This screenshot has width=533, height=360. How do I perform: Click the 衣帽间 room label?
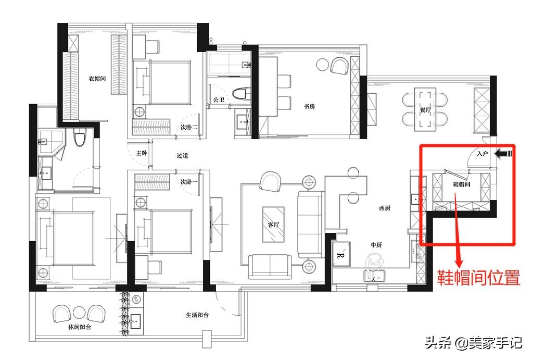tap(97, 79)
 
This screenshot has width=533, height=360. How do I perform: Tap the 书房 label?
tap(309, 106)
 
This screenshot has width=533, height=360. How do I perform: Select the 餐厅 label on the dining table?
tap(425, 110)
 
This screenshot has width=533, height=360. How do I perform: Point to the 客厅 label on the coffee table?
tap(273, 225)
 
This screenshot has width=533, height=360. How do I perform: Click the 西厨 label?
tap(385, 208)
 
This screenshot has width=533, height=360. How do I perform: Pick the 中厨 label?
tap(376, 245)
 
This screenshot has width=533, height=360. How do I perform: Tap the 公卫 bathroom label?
tap(219, 100)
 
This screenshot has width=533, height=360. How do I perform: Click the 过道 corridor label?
tap(182, 155)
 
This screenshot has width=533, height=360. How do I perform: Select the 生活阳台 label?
tap(197, 315)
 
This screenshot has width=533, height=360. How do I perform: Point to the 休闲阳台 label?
tap(80, 327)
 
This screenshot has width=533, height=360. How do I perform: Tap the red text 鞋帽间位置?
tap(478, 277)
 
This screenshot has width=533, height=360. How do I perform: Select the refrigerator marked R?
tap(341, 254)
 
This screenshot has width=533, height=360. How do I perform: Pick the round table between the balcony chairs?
tap(79, 313)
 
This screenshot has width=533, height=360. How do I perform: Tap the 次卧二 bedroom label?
tap(188, 127)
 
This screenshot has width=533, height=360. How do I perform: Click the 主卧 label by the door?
tap(142, 153)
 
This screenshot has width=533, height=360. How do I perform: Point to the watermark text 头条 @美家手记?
tap(474, 342)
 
